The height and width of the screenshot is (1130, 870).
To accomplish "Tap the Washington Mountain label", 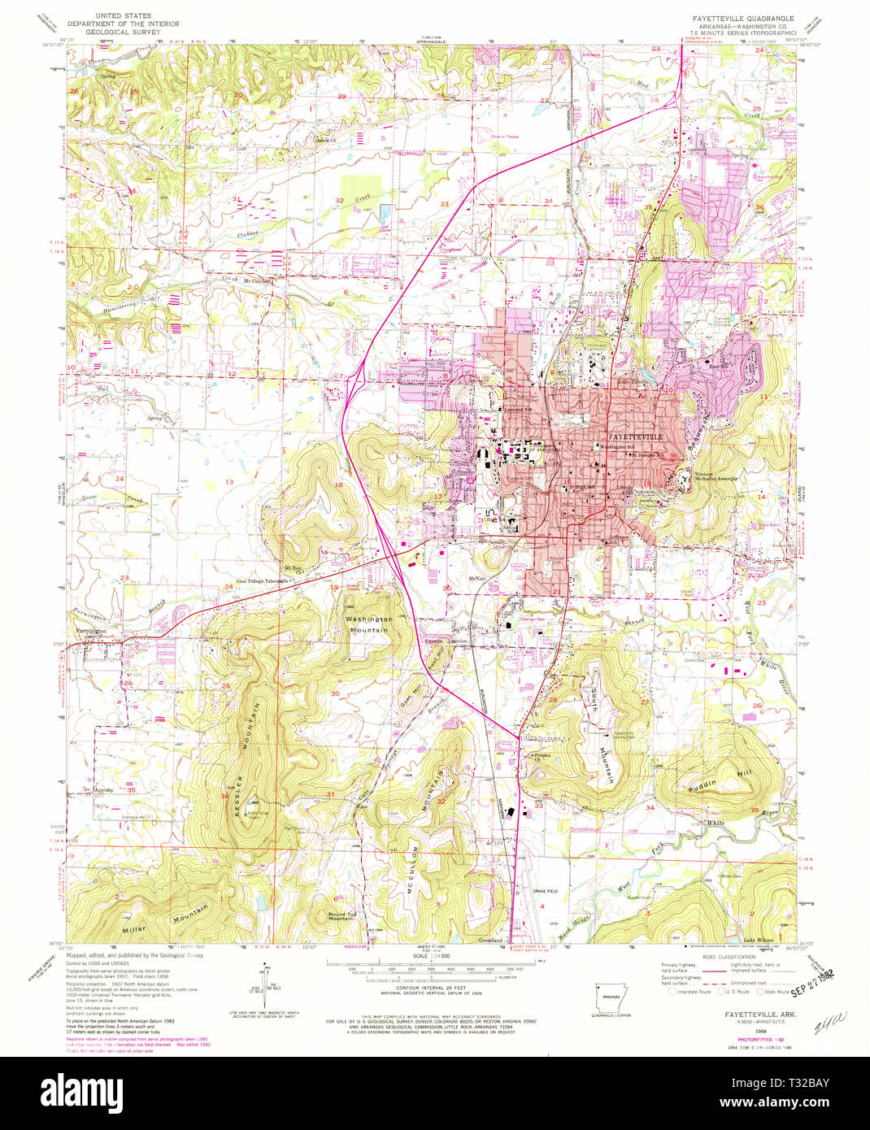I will [x=368, y=624].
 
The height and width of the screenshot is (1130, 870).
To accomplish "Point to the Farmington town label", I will [x=87, y=631].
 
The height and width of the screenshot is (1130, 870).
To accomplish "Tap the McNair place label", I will [x=454, y=579].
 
